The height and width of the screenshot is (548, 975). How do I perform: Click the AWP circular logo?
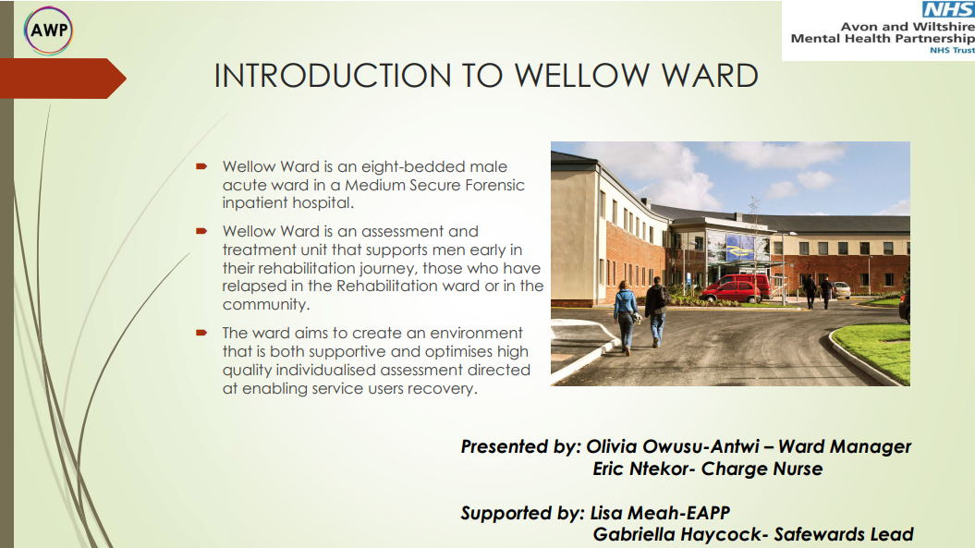tap(48, 30)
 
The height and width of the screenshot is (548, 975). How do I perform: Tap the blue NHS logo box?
tap(948, 9)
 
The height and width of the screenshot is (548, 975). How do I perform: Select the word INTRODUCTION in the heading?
tap(333, 76)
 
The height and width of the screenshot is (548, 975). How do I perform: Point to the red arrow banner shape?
tap(63, 79)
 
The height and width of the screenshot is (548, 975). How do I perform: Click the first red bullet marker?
tap(201, 166)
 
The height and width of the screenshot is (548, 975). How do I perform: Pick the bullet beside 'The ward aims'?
tap(201, 333)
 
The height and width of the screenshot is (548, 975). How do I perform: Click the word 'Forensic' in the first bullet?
tap(495, 185)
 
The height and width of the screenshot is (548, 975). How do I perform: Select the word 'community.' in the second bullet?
tap(266, 305)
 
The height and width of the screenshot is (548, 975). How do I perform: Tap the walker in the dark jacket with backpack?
tap(655, 311)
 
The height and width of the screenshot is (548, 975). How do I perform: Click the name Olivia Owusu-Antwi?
tap(673, 446)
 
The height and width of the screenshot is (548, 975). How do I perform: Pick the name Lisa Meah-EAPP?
tap(660, 513)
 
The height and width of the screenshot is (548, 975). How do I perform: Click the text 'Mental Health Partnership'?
tap(883, 39)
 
